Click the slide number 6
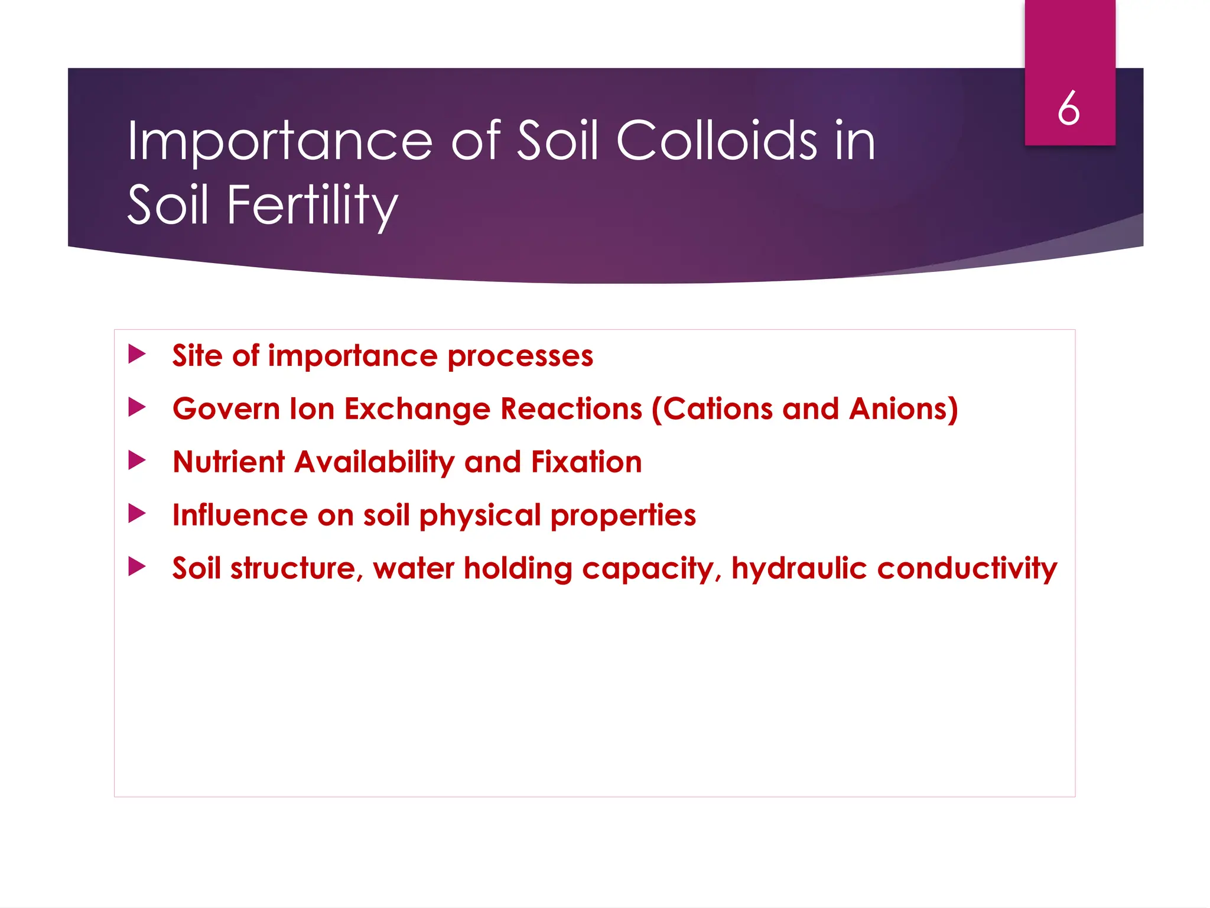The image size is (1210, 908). (x=1069, y=109)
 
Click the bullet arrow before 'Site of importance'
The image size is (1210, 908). (x=136, y=355)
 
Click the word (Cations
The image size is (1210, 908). (x=712, y=409)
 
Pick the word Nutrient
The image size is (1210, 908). (x=229, y=462)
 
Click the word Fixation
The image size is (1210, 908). (x=586, y=462)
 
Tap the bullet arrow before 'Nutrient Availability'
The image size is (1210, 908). (x=136, y=461)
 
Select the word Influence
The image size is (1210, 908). (x=239, y=515)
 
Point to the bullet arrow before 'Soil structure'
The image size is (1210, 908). (x=136, y=567)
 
